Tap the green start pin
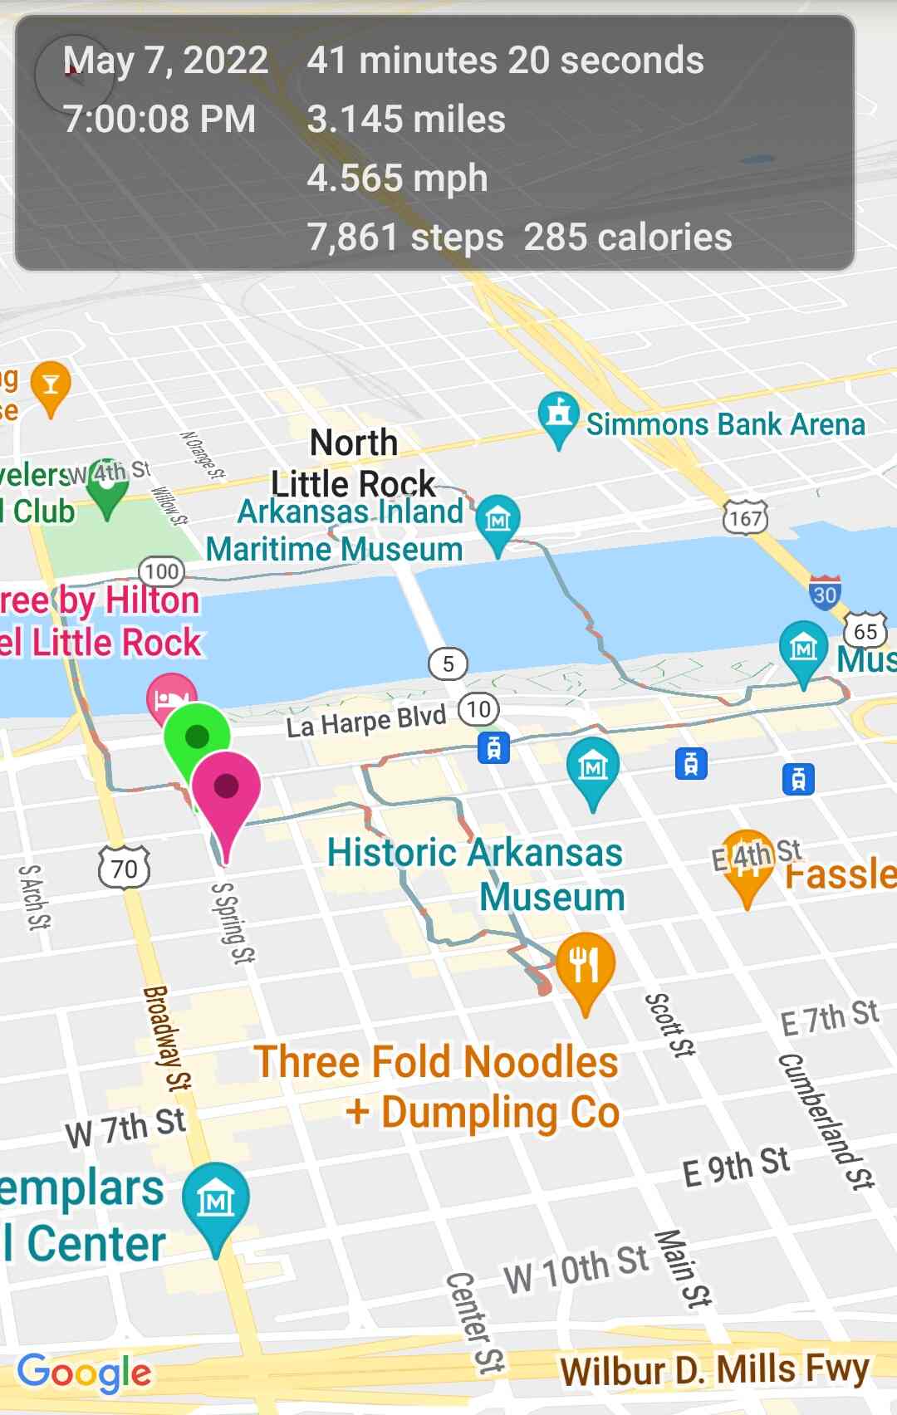[196, 737]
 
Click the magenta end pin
[226, 787]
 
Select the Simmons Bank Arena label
[725, 424]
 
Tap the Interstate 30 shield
[824, 593]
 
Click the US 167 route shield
[745, 519]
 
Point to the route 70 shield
[125, 868]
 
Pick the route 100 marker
[161, 571]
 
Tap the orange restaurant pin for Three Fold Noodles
[586, 966]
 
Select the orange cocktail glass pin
[51, 385]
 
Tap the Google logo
[85, 1373]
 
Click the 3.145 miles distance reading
[406, 120]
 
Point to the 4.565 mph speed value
[397, 179]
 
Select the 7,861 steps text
[405, 237]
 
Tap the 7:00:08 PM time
[159, 120]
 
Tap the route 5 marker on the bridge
[448, 663]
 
